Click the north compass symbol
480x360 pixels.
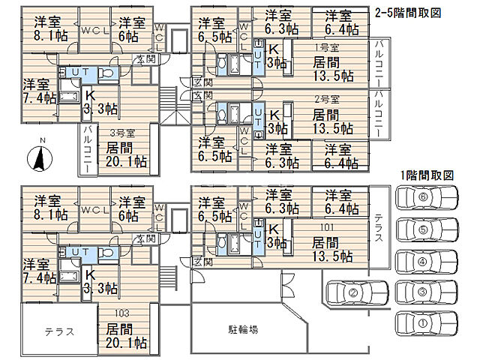click(x=40, y=158)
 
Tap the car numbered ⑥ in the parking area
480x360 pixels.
click(x=427, y=197)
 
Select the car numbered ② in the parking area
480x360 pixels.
click(x=357, y=292)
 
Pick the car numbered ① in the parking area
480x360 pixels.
click(x=427, y=323)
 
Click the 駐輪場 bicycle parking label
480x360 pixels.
click(x=243, y=329)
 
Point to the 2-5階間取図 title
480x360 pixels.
click(x=408, y=13)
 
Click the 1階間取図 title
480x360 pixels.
click(x=427, y=175)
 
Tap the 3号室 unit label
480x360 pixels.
click(x=122, y=133)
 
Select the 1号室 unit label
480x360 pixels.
click(x=327, y=48)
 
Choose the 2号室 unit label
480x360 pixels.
click(x=327, y=100)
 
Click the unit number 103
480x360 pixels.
click(x=122, y=313)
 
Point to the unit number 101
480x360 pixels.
click(x=327, y=227)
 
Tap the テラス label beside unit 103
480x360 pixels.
click(x=59, y=331)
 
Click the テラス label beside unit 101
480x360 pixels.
click(x=379, y=228)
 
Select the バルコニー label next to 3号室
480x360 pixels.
click(x=87, y=149)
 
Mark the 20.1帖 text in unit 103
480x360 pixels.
click(x=126, y=343)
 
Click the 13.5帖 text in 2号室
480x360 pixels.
click(x=333, y=128)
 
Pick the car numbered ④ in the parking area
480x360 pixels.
click(x=427, y=262)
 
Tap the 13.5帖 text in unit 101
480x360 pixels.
click(x=332, y=256)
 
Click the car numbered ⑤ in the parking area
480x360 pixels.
click(x=427, y=229)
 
